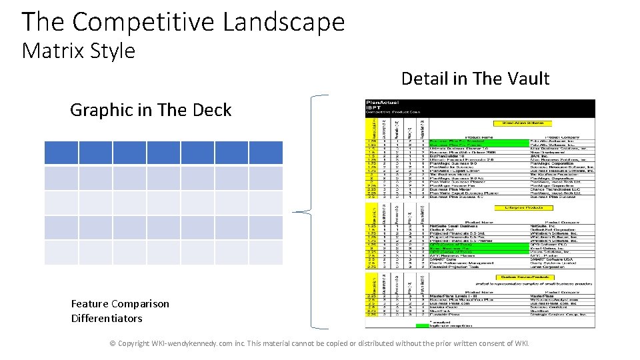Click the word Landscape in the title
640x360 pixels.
(x=283, y=22)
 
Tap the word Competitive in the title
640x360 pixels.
(x=143, y=22)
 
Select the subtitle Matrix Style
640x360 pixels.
(x=78, y=51)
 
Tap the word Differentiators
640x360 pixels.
(x=107, y=318)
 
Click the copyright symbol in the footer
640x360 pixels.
(x=113, y=344)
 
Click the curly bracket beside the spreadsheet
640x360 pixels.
(x=313, y=213)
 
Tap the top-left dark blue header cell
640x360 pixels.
(x=61, y=153)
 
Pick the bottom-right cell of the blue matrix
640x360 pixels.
(x=265, y=253)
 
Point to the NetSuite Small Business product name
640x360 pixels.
(x=453, y=227)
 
